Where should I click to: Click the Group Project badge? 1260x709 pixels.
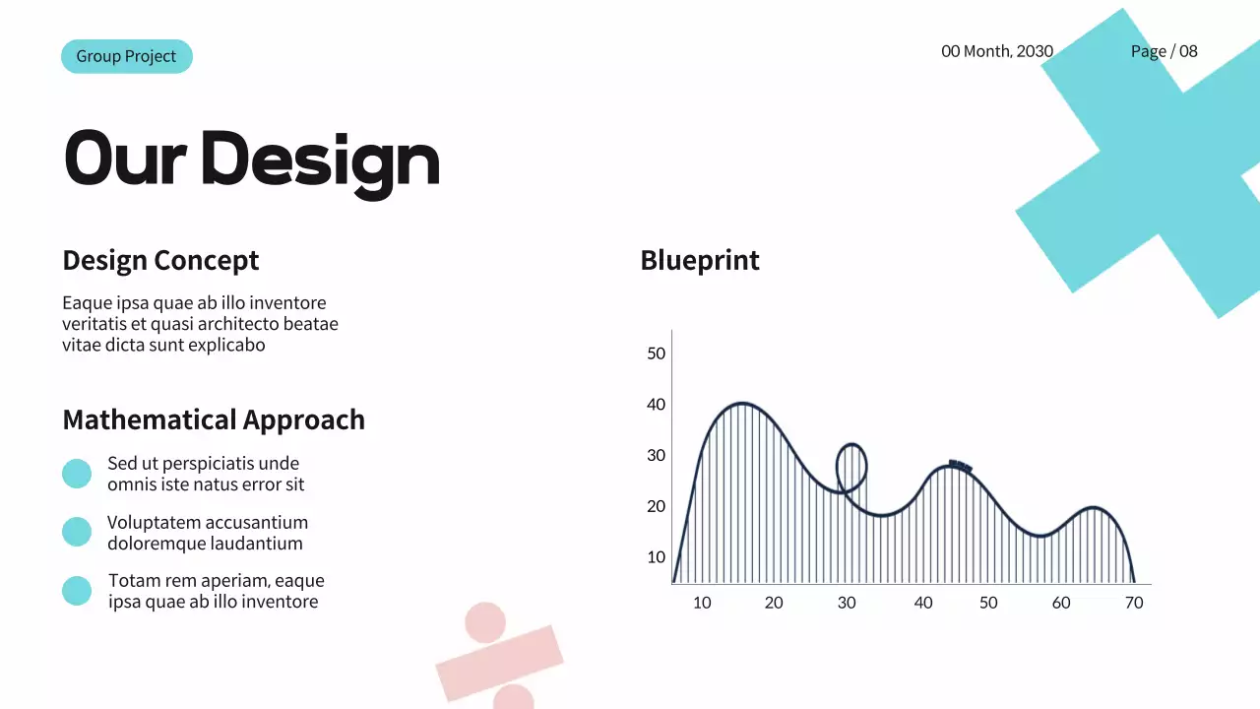[126, 56]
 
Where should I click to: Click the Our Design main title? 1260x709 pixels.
[251, 160]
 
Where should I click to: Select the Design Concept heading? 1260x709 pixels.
[160, 261]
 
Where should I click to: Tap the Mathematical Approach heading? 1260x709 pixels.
[214, 419]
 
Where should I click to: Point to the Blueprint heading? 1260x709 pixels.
[700, 261]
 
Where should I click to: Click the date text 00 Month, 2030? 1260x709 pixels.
[997, 51]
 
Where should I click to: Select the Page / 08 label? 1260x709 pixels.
[1164, 51]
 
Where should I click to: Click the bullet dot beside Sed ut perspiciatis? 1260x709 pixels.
[77, 474]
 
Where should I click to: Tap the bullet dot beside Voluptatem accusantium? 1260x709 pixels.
[77, 533]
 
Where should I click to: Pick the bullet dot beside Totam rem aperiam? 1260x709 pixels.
[77, 591]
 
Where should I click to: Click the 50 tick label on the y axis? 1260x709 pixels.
[657, 354]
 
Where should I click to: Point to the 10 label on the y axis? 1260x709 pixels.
[657, 557]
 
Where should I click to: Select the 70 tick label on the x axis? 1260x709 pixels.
[1134, 603]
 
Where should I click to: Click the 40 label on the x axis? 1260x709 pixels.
[923, 603]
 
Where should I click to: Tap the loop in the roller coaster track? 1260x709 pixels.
[851, 467]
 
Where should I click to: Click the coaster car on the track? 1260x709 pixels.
[961, 466]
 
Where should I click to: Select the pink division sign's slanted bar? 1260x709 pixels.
[499, 663]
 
